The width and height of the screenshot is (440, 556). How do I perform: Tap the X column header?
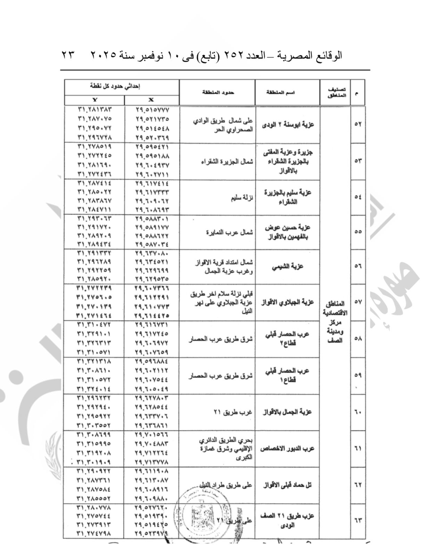click(151, 100)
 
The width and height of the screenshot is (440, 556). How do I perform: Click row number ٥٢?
click(358, 124)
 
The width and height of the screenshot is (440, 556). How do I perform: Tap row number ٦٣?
click(358, 520)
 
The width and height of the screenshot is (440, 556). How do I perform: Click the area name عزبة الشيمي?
click(287, 267)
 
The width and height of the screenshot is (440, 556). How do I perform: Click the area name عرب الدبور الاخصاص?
click(287, 448)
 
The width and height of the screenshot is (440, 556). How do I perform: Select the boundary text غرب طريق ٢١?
click(233, 412)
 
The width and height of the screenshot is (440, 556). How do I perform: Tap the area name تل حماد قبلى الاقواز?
click(287, 485)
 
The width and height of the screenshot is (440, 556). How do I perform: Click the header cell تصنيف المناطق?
click(335, 92)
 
